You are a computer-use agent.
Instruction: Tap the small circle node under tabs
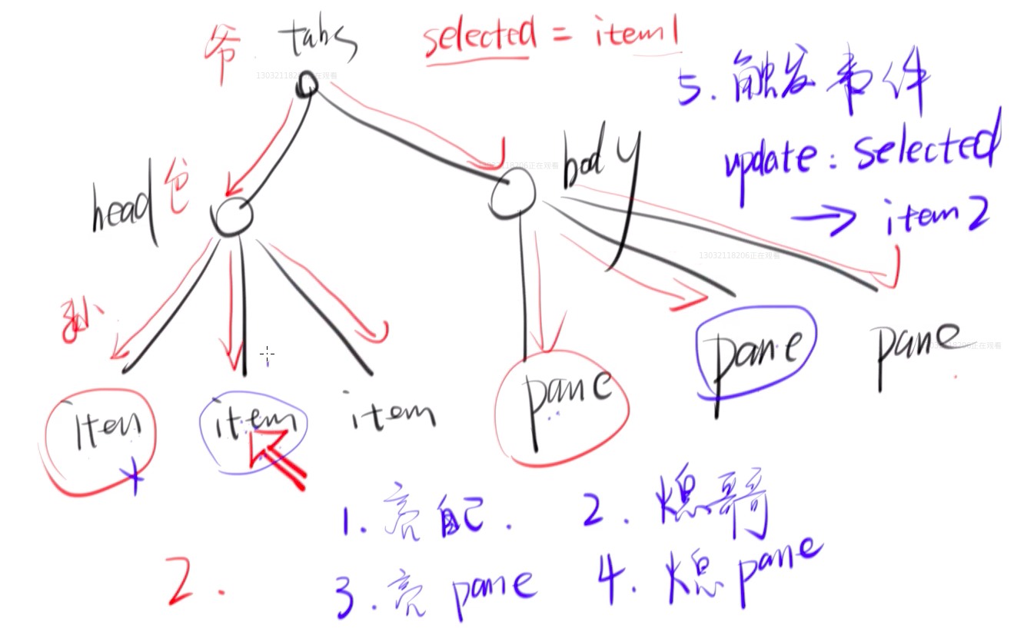pos(307,84)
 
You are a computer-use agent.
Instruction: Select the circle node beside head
pos(231,218)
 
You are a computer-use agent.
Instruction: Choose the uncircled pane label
pos(917,350)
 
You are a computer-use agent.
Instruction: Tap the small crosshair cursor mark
pos(267,354)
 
